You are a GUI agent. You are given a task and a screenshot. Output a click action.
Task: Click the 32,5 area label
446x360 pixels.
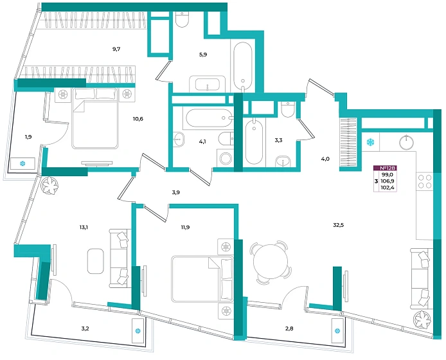[x=339, y=225]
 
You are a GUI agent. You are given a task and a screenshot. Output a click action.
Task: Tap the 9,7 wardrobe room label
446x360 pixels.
[x=116, y=49]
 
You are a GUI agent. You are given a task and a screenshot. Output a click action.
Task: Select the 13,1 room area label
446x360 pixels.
[x=84, y=227]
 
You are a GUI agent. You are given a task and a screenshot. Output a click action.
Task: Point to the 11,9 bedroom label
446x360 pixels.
[x=185, y=227]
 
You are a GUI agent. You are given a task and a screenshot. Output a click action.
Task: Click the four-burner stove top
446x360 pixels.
[x=425, y=181]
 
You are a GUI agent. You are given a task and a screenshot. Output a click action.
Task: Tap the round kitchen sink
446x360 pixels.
[x=406, y=141]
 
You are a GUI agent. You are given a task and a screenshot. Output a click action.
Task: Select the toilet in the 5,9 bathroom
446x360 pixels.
[x=183, y=19]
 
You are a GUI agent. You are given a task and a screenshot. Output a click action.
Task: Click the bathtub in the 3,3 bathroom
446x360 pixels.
[x=254, y=141]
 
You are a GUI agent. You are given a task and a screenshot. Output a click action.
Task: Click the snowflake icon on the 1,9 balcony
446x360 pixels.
[x=22, y=164]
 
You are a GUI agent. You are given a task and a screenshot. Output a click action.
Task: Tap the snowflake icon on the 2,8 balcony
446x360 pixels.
[x=337, y=331]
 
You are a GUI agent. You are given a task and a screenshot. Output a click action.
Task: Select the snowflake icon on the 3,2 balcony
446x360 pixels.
[x=138, y=331]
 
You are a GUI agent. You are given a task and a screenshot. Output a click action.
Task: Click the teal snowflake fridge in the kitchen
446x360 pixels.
[x=370, y=142]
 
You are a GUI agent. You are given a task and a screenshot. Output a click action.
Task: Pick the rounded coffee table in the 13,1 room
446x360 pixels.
[x=95, y=261]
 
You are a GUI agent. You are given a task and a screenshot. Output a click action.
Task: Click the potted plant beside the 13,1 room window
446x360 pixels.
[x=49, y=185]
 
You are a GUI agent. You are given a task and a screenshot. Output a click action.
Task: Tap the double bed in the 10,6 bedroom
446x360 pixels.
[x=95, y=118]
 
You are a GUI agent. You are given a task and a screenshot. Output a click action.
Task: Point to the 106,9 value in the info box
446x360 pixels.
[x=388, y=181]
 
